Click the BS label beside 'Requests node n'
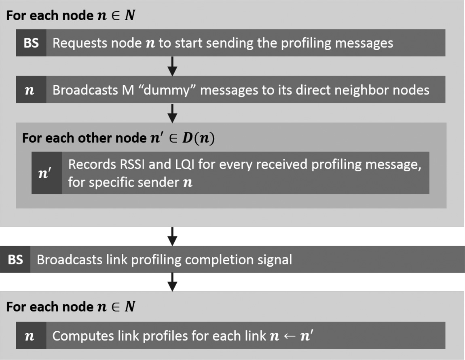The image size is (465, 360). click(x=31, y=43)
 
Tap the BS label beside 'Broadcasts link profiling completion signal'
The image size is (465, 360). click(x=15, y=259)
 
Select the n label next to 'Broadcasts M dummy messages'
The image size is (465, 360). click(x=30, y=90)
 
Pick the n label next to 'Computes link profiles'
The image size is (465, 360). click(x=30, y=336)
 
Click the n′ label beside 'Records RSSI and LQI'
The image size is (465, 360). click(x=46, y=173)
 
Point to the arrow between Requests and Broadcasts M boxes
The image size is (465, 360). click(x=173, y=66)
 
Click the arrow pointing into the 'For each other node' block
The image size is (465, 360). click(x=173, y=113)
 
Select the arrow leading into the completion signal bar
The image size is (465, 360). click(x=173, y=236)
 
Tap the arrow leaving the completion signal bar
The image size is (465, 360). click(x=173, y=282)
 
